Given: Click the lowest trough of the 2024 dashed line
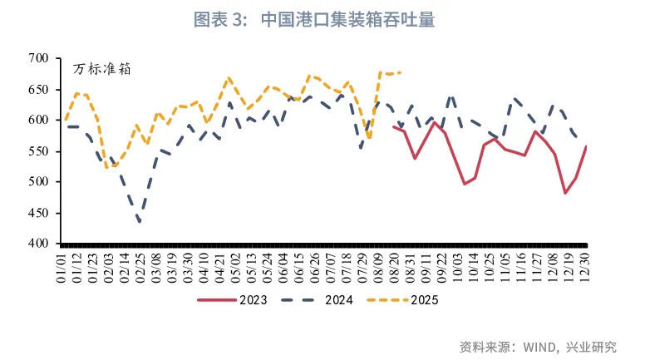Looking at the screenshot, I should pyautogui.click(x=140, y=222).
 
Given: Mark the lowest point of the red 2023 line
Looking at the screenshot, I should pyautogui.click(x=566, y=193).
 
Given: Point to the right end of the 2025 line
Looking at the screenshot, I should pyautogui.click(x=401, y=72).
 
